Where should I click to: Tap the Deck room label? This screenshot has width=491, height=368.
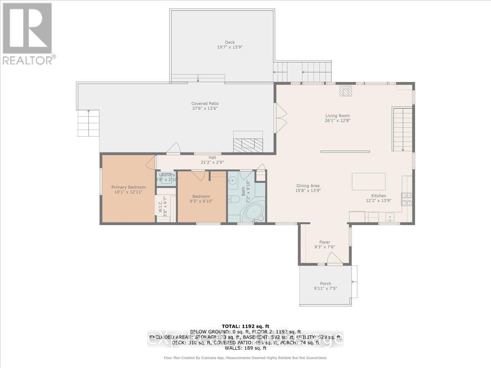(x=230, y=42)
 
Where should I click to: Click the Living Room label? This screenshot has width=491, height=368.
(x=337, y=116)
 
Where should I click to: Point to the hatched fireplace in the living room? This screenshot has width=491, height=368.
(x=346, y=91)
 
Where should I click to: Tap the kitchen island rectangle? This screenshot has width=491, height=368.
(x=369, y=182)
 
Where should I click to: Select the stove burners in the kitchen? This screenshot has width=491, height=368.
(x=407, y=199)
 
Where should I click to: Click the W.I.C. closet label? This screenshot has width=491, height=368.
(x=160, y=206)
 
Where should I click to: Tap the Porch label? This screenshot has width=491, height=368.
(x=326, y=284)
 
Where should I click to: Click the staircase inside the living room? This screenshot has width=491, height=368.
(x=403, y=129)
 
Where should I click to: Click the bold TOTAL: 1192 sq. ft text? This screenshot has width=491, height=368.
(x=245, y=326)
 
